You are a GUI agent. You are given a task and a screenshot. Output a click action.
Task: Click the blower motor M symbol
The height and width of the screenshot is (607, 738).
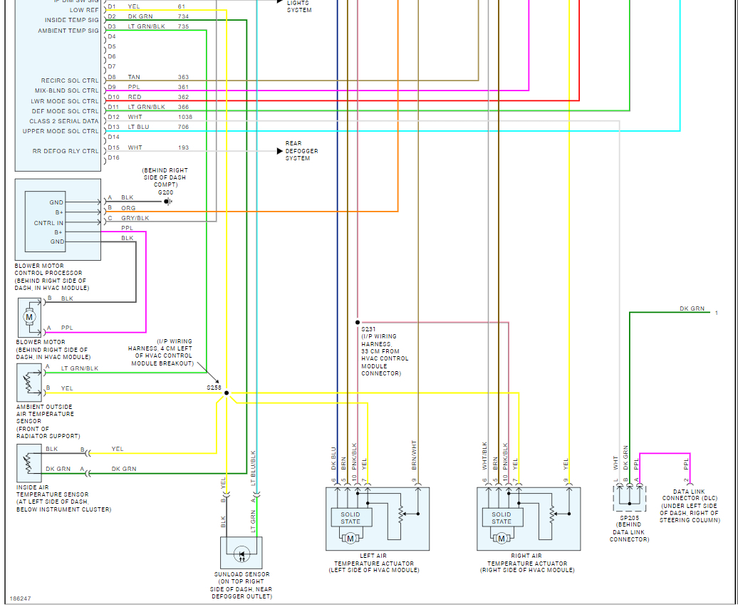tap(30, 315)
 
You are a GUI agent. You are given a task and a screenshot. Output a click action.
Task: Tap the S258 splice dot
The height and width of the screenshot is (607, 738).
tap(227, 393)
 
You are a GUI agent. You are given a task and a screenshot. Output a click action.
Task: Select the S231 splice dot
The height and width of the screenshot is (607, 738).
tap(357, 322)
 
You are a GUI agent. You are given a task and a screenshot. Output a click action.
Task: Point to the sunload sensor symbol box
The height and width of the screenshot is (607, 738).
tap(241, 553)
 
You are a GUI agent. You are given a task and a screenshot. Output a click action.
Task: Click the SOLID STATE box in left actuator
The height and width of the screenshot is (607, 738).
tap(350, 518)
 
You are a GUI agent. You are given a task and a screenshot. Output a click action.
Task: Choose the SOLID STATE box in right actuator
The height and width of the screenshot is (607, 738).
tap(501, 518)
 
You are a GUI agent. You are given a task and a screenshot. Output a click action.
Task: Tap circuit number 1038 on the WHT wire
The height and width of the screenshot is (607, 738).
tap(185, 117)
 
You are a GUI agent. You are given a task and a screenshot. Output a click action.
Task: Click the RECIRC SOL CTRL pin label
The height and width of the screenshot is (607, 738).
tap(70, 81)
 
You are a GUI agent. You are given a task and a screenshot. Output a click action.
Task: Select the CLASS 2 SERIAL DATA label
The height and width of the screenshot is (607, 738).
tap(64, 121)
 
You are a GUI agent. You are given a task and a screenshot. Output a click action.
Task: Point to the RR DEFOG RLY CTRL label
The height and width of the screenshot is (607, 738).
tap(66, 151)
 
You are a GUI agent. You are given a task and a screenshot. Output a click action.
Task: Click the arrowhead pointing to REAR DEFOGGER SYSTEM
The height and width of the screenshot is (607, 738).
tap(279, 151)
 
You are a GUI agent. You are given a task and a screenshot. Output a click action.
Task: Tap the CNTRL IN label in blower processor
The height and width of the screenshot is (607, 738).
tap(49, 223)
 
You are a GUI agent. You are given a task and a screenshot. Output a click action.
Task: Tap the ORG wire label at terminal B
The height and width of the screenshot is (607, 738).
tap(128, 208)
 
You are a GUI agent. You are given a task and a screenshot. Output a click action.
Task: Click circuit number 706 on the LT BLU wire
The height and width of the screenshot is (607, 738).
tap(183, 127)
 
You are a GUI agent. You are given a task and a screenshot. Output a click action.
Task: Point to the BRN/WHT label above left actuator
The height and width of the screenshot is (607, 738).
tap(415, 455)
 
